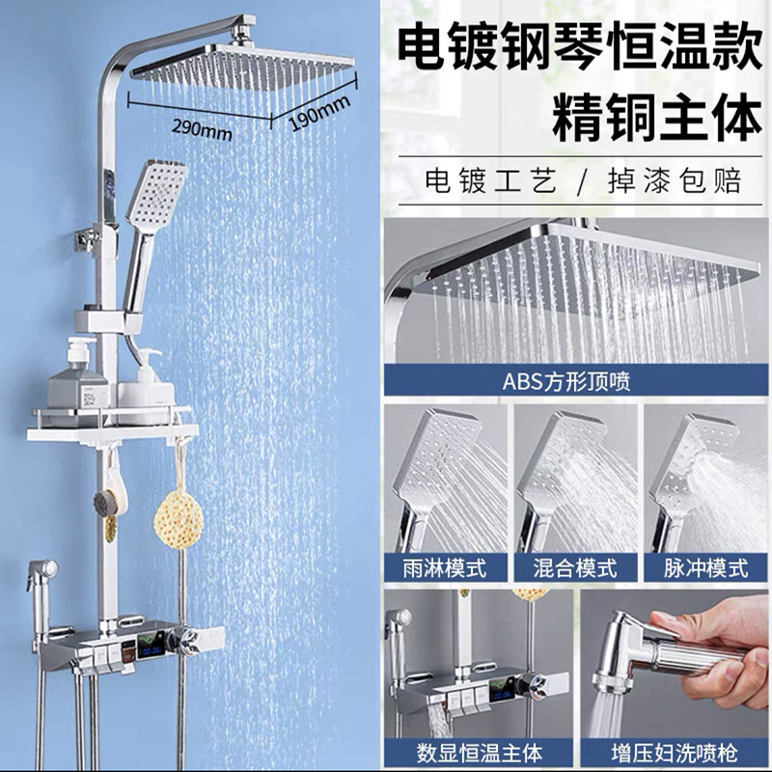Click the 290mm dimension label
[x=202, y=129]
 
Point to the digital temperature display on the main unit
[x=152, y=648]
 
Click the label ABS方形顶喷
[x=566, y=381]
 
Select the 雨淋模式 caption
[x=445, y=568]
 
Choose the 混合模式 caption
[x=574, y=568]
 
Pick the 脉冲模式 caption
[x=705, y=568]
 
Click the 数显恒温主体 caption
[x=479, y=754]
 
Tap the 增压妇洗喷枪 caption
[x=675, y=754]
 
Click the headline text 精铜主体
[x=656, y=118]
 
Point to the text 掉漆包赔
[x=675, y=180]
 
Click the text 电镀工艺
[x=491, y=180]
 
